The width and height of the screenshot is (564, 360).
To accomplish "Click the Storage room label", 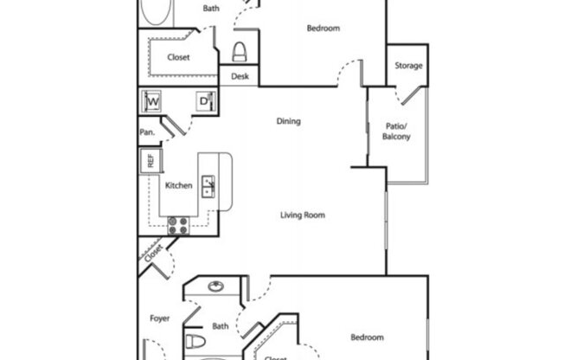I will pyautogui.click(x=409, y=66).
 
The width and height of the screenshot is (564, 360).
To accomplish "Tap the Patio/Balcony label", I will pyautogui.click(x=397, y=132).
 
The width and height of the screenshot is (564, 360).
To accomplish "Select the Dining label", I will pyautogui.click(x=288, y=121).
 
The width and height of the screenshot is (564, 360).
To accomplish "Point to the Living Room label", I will pyautogui.click(x=302, y=215).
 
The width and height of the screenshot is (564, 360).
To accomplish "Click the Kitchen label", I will pyautogui.click(x=178, y=185).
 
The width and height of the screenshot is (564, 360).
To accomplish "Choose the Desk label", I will pyautogui.click(x=240, y=76).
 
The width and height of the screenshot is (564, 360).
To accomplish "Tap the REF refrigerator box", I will pyautogui.click(x=149, y=160).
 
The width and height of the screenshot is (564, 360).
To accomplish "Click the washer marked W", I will pyautogui.click(x=152, y=101).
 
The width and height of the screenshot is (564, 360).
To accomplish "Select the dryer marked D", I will pyautogui.click(x=206, y=101).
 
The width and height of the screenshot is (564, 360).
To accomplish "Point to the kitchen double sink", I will pyautogui.click(x=208, y=184).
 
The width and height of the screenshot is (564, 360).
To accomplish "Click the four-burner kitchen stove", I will pyautogui.click(x=179, y=225).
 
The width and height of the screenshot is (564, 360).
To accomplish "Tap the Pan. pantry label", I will pyautogui.click(x=147, y=132).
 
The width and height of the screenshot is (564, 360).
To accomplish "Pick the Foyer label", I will pyautogui.click(x=158, y=318).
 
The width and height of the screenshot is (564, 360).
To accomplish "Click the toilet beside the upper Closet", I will pyautogui.click(x=240, y=51).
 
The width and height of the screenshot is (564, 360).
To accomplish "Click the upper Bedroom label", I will pyautogui.click(x=324, y=29).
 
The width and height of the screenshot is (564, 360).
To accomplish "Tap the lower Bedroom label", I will pyautogui.click(x=367, y=337).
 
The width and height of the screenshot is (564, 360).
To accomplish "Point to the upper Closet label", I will pyautogui.click(x=178, y=58).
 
